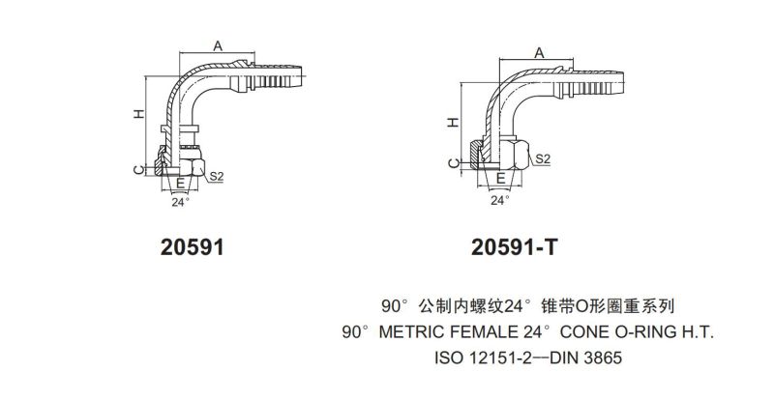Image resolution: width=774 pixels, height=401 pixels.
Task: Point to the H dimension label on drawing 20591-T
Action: [x=453, y=124]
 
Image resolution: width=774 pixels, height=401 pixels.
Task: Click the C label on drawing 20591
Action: [x=139, y=169]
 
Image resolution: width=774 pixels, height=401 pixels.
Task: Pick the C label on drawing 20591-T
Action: [x=453, y=165]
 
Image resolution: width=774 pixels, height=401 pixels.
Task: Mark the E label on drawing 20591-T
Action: [x=499, y=179]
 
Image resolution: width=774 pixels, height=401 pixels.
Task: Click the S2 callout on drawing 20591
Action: [x=217, y=177]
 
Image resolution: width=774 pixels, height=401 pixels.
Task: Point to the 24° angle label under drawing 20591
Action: [x=179, y=203]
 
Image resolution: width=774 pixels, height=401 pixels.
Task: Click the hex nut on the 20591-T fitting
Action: [x=515, y=153]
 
